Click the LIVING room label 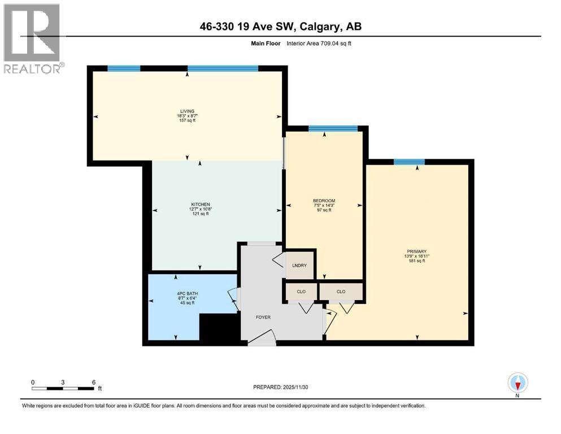click(186, 111)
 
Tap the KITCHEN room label click(200, 204)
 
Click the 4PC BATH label click(186, 293)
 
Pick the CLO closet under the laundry click(301, 292)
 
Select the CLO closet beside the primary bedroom click(341, 292)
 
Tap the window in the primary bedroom click(409, 162)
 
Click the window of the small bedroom click(333, 129)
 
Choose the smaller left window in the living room click(124, 68)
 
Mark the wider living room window click(223, 68)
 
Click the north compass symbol click(517, 383)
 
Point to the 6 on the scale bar click(93, 382)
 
